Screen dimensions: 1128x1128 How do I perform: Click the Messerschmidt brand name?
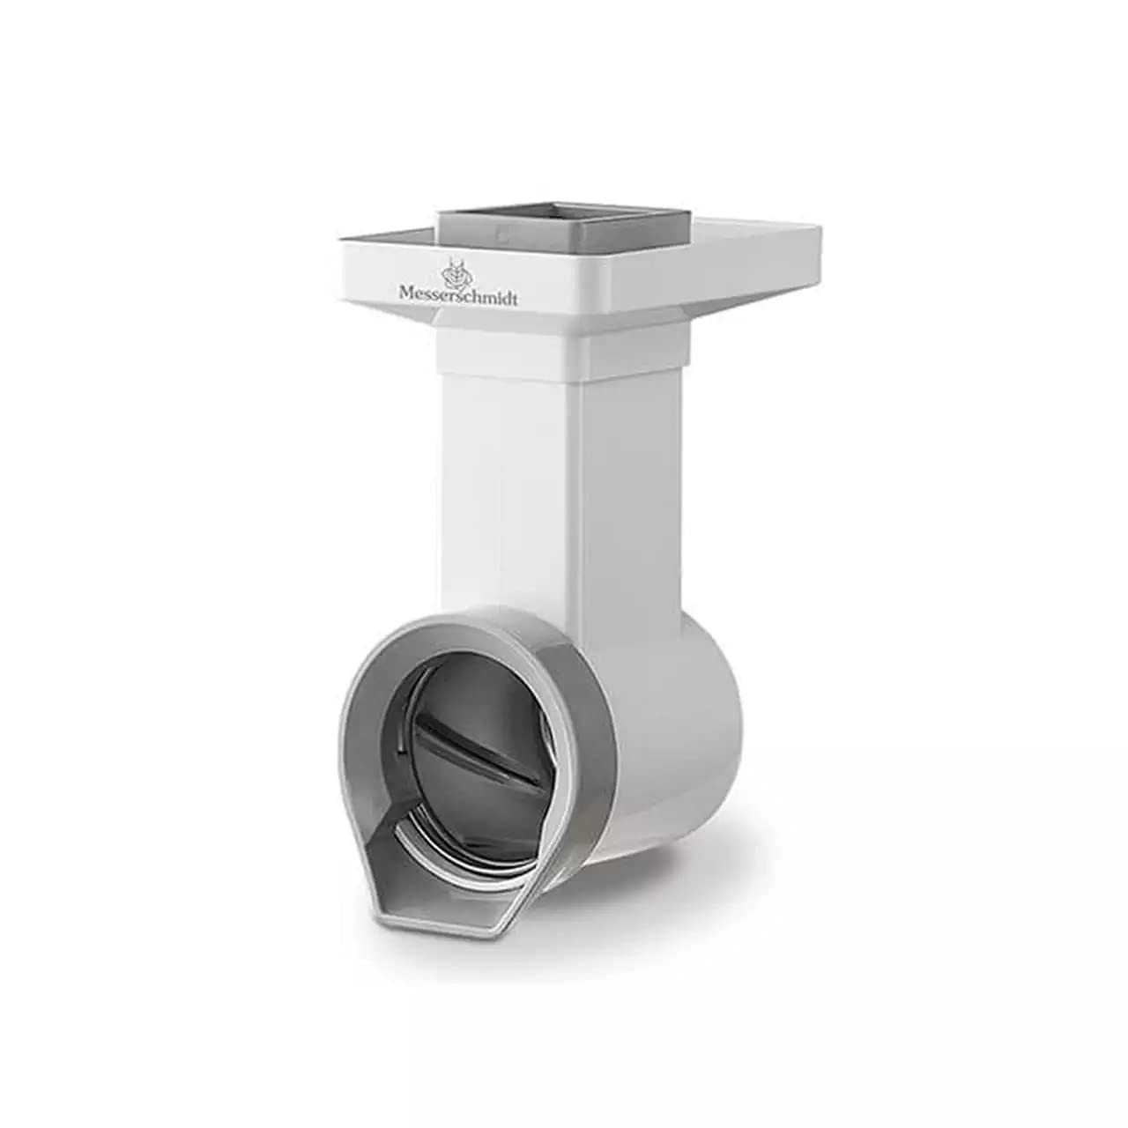457,293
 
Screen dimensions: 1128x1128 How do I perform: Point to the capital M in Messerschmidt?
407,291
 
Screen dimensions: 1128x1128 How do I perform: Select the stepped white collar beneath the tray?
565,345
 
